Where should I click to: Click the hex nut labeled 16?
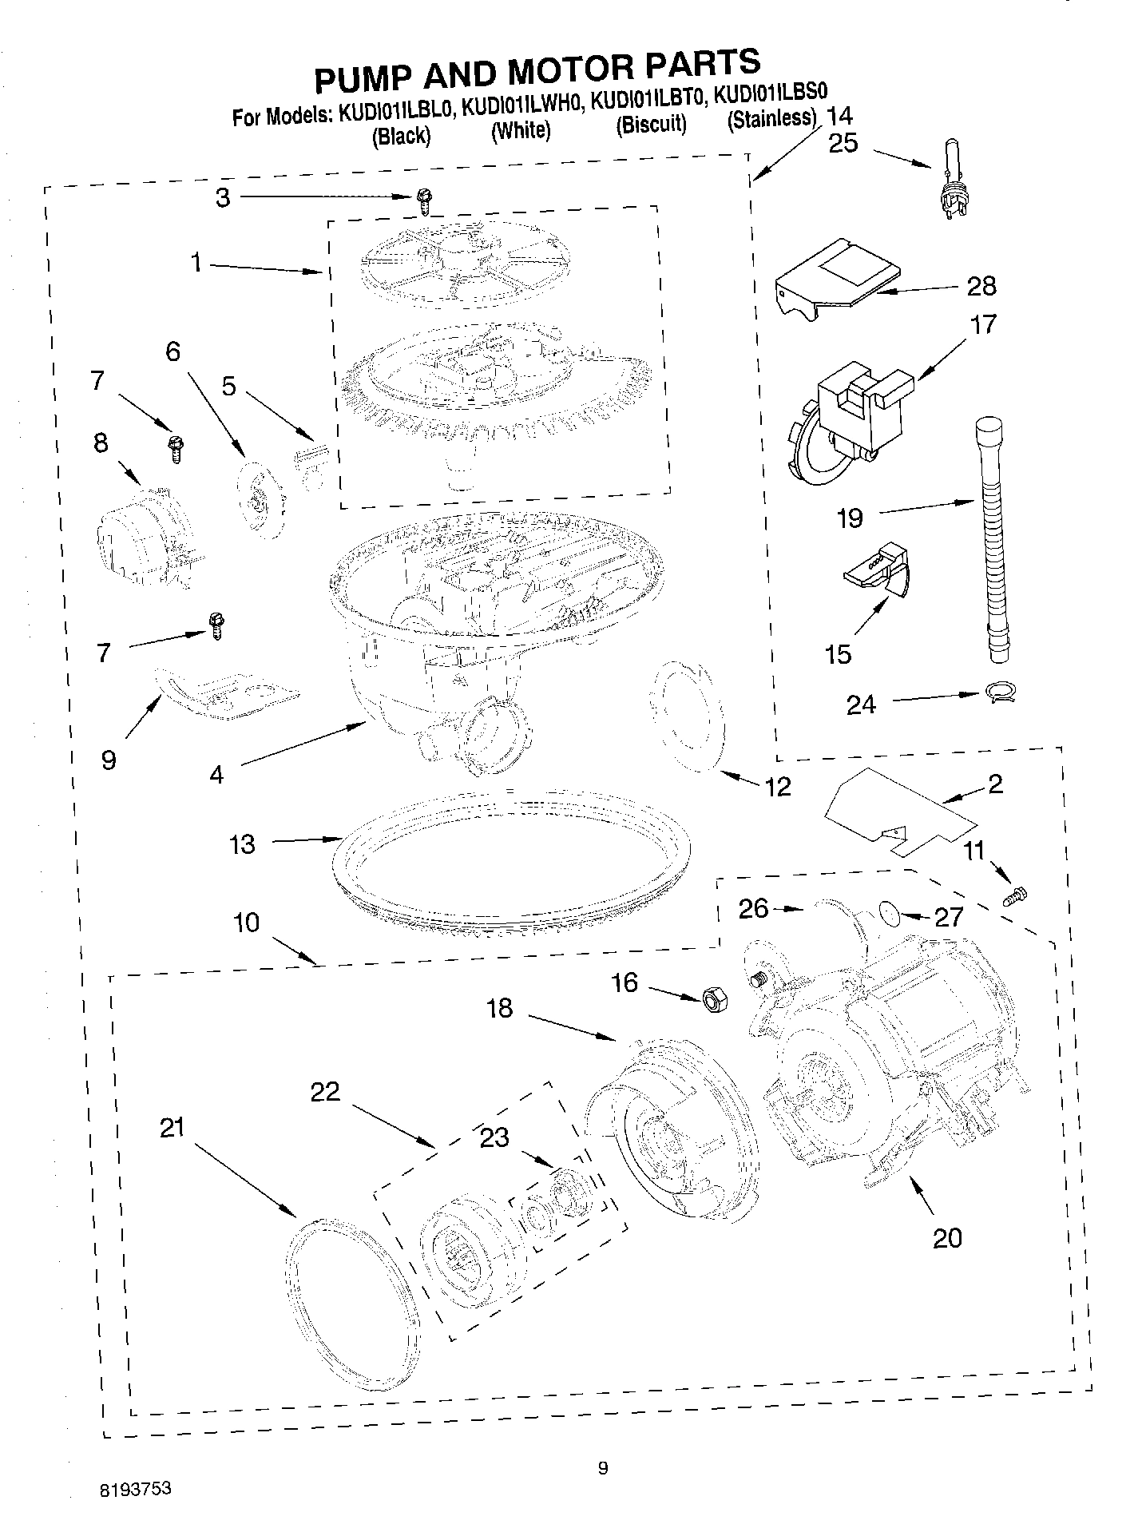click(x=714, y=999)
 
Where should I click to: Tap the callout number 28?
click(x=981, y=286)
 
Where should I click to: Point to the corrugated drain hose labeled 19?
click(x=991, y=543)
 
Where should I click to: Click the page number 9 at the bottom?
click(x=603, y=1466)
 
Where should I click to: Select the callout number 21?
click(x=172, y=1128)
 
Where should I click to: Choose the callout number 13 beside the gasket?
click(x=242, y=844)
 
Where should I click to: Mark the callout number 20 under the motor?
click(x=947, y=1238)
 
